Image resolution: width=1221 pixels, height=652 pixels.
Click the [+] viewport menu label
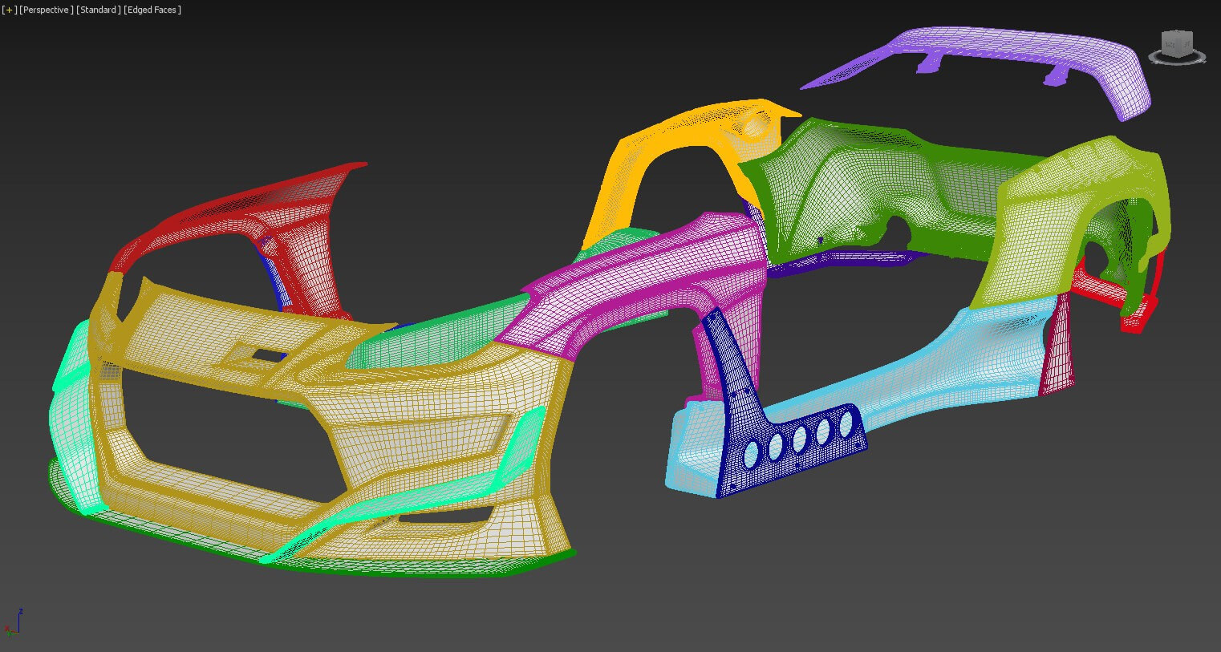9,10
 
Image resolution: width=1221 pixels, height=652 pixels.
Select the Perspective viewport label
46,10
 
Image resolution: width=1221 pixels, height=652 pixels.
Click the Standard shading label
99,10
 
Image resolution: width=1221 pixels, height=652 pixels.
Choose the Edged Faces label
152,10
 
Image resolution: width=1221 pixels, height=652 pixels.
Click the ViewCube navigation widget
1177,47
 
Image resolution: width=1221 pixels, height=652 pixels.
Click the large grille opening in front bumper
225,433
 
